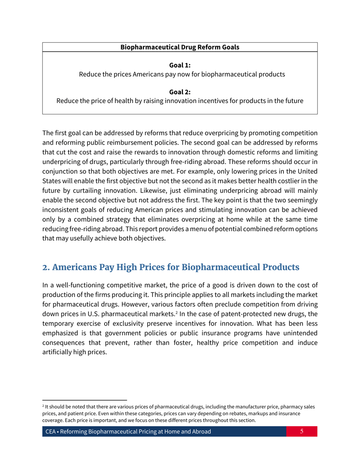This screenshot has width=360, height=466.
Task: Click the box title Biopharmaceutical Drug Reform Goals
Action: (180, 48)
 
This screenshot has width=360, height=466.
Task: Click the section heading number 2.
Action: (45, 267)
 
